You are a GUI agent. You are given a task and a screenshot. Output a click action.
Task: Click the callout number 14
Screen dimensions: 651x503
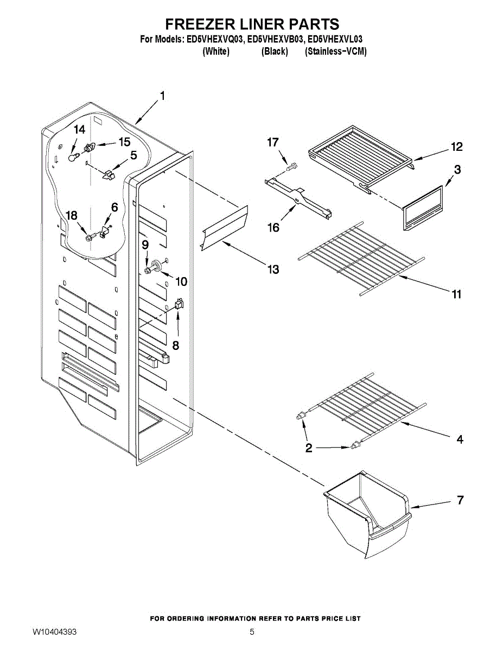click(80, 130)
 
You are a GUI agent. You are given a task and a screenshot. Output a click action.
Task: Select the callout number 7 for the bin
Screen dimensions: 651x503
click(460, 500)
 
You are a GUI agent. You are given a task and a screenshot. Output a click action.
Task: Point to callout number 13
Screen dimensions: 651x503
click(272, 269)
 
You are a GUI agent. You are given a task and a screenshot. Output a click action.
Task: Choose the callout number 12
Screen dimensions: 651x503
click(456, 146)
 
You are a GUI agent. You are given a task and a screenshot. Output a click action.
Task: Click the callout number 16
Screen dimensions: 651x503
click(273, 227)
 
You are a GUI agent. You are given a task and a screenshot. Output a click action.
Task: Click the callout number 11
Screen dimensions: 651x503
click(456, 294)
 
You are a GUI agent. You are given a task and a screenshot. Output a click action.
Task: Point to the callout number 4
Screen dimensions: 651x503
click(460, 440)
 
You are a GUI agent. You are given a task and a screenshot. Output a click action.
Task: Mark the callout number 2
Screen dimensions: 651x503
click(309, 448)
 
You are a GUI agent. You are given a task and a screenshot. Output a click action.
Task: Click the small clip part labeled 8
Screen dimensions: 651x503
click(179, 305)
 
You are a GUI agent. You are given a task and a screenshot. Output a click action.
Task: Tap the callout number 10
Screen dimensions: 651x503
click(181, 282)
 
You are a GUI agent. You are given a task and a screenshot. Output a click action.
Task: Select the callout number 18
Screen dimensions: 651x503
click(71, 215)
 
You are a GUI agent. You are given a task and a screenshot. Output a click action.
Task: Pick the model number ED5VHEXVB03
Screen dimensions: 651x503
click(275, 40)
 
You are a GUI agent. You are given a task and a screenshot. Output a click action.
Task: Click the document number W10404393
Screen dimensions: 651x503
click(54, 632)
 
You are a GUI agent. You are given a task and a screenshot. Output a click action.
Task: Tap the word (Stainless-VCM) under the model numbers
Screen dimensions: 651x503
click(336, 52)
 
